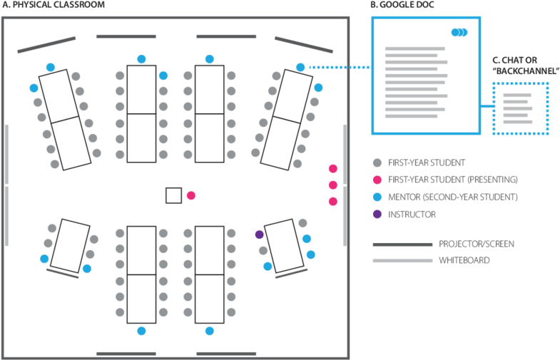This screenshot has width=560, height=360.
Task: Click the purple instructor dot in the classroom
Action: click(259, 235)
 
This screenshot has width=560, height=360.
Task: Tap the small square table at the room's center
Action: click(173, 195)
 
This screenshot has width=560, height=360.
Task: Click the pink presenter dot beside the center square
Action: click(191, 195)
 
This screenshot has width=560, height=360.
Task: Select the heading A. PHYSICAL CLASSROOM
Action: click(54, 5)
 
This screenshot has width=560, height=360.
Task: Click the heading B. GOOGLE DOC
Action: click(402, 5)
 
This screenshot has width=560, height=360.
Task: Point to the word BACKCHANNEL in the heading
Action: click(526, 71)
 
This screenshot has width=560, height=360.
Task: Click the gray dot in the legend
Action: click(377, 163)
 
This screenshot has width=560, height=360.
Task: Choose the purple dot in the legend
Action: click(377, 215)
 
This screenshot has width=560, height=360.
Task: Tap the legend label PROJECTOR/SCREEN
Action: click(477, 244)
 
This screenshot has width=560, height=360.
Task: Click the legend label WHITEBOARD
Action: click(464, 260)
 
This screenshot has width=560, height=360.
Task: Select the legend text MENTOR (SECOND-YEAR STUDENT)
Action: click(453, 197)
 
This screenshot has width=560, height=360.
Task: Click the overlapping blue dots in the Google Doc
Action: click(459, 33)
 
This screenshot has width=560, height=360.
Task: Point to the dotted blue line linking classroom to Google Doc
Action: click(340, 67)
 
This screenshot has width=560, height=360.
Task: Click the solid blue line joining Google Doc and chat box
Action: click(487, 106)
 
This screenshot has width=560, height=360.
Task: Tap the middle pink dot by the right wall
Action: click(333, 185)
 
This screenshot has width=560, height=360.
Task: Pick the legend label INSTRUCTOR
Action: click(412, 215)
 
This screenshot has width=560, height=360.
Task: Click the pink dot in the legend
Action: click(377, 180)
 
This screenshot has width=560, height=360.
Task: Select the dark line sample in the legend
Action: click(402, 245)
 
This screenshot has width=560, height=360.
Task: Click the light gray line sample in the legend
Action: click(402, 261)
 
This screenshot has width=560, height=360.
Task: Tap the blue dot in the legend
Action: click(377, 197)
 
